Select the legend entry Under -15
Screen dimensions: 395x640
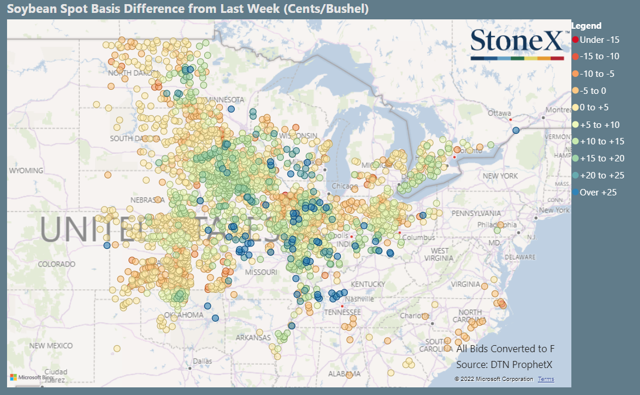(x=595, y=40)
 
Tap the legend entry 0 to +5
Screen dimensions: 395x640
(x=594, y=107)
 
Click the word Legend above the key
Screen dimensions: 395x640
(x=587, y=26)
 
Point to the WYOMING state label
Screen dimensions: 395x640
(x=26, y=171)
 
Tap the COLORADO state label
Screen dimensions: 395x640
(x=56, y=264)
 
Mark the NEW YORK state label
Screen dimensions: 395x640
(x=500, y=176)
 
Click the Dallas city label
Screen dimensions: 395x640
(x=202, y=361)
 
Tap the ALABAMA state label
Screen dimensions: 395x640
(x=344, y=374)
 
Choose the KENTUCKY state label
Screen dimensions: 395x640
(x=368, y=285)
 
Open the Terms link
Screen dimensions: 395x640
(x=546, y=379)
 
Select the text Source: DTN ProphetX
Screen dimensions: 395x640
(x=504, y=365)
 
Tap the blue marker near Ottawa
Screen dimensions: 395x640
(x=516, y=130)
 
